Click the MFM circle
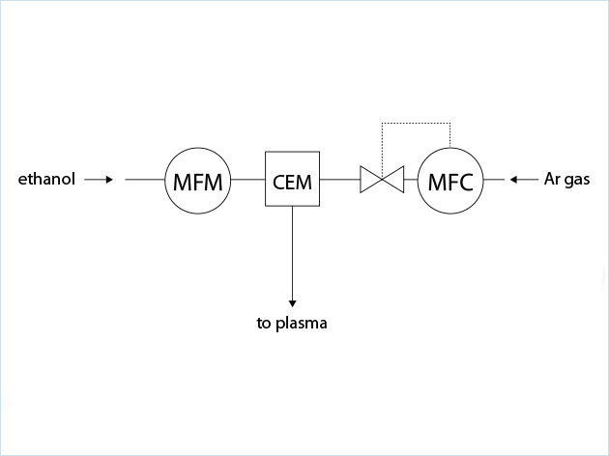coord(198,180)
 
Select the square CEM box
coord(293,180)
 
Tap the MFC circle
coord(450,180)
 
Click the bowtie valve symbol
coord(383,180)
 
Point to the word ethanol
coord(47,179)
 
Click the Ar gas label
coord(566,179)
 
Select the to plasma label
coord(292,323)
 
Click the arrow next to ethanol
coord(100,179)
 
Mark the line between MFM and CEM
coord(248,180)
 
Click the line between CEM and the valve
coord(340,180)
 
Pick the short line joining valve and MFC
coord(411,180)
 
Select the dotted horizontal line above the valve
coord(417,124)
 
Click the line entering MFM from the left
coord(145,180)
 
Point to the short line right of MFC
coord(493,180)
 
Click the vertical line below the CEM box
coord(292,251)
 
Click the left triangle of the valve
coord(370,180)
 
